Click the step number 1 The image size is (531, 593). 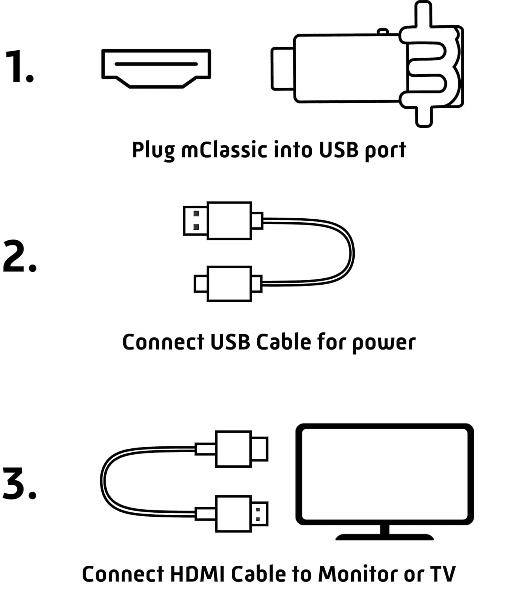coord(20,66)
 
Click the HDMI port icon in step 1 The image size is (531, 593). coord(156,68)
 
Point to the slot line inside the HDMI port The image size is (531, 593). coord(156,64)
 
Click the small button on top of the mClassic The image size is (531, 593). coord(383,31)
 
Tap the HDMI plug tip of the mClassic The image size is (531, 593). coord(282,69)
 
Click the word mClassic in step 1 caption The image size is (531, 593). coord(224,150)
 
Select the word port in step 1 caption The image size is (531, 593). coord(385,151)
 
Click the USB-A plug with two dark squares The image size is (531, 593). coord(196,221)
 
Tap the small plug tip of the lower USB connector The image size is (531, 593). coord(201,283)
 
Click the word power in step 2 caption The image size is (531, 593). coord(384,343)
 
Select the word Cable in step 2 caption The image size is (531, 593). coord(284,342)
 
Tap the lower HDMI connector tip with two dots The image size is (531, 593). coord(260,514)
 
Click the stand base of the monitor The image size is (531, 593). coord(384,537)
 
